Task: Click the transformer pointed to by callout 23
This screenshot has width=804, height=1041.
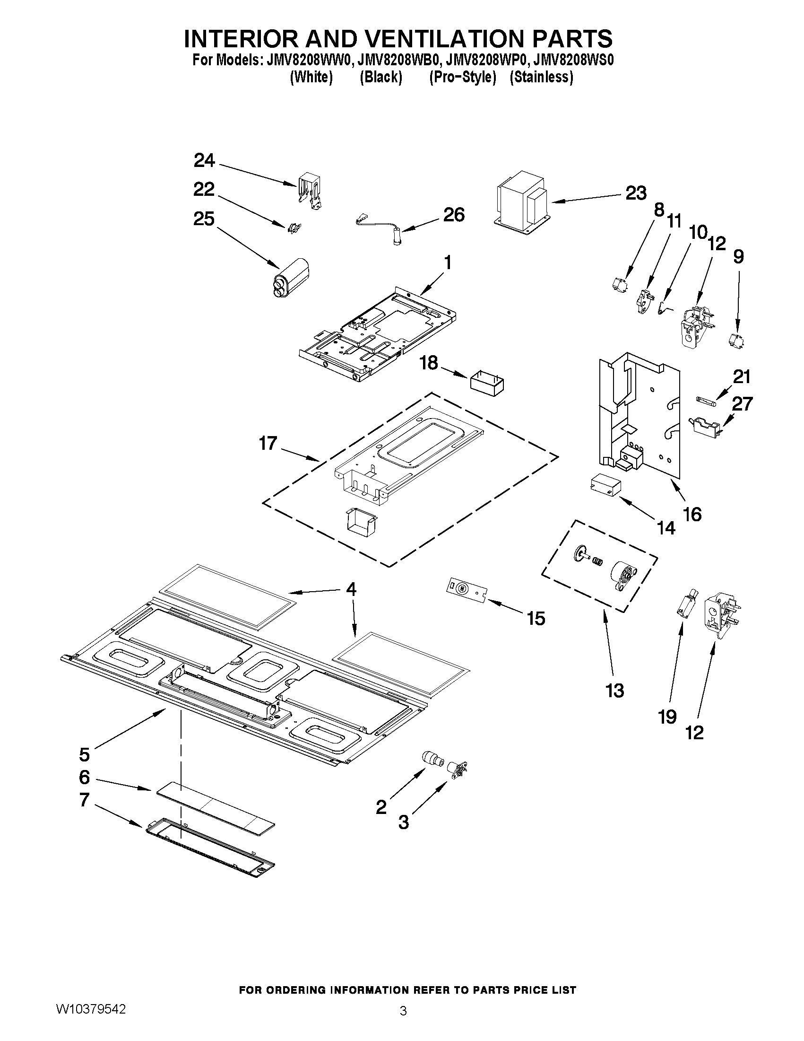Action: coord(521,201)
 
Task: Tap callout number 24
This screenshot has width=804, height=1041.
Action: coord(204,161)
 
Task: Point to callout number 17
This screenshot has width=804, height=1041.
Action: coord(268,443)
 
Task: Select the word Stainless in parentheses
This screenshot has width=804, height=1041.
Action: coord(542,77)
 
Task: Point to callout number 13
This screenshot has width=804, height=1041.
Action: coord(614,691)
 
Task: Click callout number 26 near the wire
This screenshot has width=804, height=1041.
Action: coord(453,215)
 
